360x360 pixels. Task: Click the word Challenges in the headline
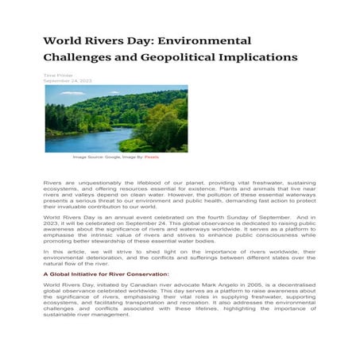click(x=76, y=57)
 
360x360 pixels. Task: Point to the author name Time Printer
click(x=58, y=75)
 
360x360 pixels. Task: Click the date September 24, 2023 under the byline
click(x=68, y=81)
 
